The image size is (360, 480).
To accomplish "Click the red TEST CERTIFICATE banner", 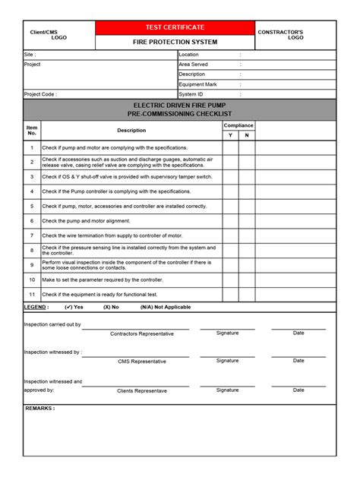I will (x=175, y=27).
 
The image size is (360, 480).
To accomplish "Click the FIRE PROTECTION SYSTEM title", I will (x=175, y=42).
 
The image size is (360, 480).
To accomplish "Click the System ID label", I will (x=191, y=94).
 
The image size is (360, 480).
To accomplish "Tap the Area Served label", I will (x=193, y=65).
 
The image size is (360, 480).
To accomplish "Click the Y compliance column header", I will (x=230, y=135).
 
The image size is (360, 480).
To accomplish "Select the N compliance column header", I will (x=247, y=135).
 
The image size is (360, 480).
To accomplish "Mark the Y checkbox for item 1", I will (x=230, y=147).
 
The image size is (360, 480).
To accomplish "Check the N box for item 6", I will (x=247, y=221).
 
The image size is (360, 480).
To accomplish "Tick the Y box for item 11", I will (x=230, y=294).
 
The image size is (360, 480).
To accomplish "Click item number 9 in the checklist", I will (x=32, y=265).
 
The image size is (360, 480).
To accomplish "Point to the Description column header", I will (x=131, y=131).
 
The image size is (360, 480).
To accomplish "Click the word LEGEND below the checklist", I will (x=36, y=307).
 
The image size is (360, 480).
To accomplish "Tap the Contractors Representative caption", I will (x=141, y=334).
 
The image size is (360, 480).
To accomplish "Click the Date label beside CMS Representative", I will (x=298, y=361).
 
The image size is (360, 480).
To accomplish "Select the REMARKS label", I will (x=39, y=409).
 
